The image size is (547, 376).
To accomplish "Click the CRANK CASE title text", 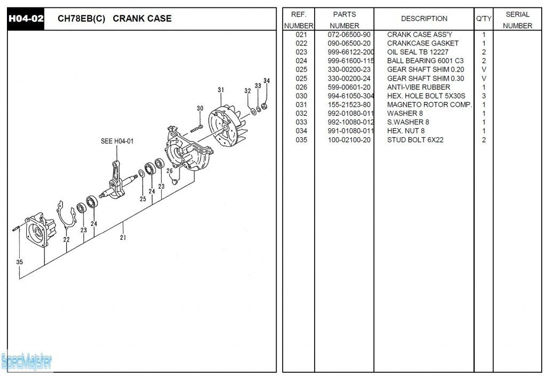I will [142, 19].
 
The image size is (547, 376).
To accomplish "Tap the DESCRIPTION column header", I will [424, 19].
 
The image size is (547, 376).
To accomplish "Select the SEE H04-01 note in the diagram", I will [117, 142].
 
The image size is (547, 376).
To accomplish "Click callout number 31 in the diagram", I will [221, 90].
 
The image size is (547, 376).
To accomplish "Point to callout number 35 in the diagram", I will [20, 262].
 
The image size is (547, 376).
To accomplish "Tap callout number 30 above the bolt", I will [200, 108].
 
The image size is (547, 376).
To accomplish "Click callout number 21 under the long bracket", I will [123, 238].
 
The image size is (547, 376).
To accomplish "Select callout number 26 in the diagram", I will [169, 171].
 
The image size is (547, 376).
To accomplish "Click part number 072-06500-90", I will [349, 35].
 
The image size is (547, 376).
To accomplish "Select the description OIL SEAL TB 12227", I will [418, 52].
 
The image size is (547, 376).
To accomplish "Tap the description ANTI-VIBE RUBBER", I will [418, 87].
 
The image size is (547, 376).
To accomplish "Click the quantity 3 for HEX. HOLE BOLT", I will [483, 96].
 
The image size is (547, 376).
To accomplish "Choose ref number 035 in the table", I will [301, 140].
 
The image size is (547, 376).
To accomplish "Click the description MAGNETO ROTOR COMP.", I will [429, 105].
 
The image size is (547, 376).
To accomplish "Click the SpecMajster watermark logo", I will [27, 362].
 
